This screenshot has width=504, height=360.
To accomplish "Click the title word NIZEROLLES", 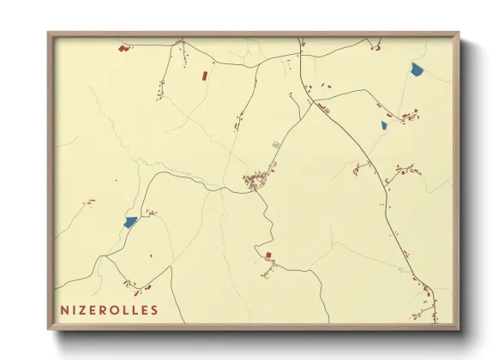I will coord(109,309).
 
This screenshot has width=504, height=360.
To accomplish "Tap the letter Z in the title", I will coord(82,309).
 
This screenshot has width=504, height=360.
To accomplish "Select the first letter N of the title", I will coord(64,309).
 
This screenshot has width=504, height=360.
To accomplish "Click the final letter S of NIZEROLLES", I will coord(153,309).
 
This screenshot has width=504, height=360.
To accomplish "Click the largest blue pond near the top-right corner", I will coord(417,69).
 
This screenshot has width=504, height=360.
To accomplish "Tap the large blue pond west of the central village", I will coord(130,222).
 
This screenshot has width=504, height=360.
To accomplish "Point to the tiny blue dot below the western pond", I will coord(151,255).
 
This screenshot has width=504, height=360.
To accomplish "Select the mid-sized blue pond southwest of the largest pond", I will coord(384,125).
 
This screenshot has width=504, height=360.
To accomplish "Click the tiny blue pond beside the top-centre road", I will coord(328,86).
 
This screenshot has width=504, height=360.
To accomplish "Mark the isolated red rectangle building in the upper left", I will coord(204,75).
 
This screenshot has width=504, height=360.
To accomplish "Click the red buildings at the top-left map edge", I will coord(125,49).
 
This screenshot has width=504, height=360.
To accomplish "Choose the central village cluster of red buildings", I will coord(255,182).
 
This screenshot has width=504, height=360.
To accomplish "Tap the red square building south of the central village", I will coord(268,255).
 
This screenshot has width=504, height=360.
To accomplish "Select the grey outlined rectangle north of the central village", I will coord(275,145).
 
